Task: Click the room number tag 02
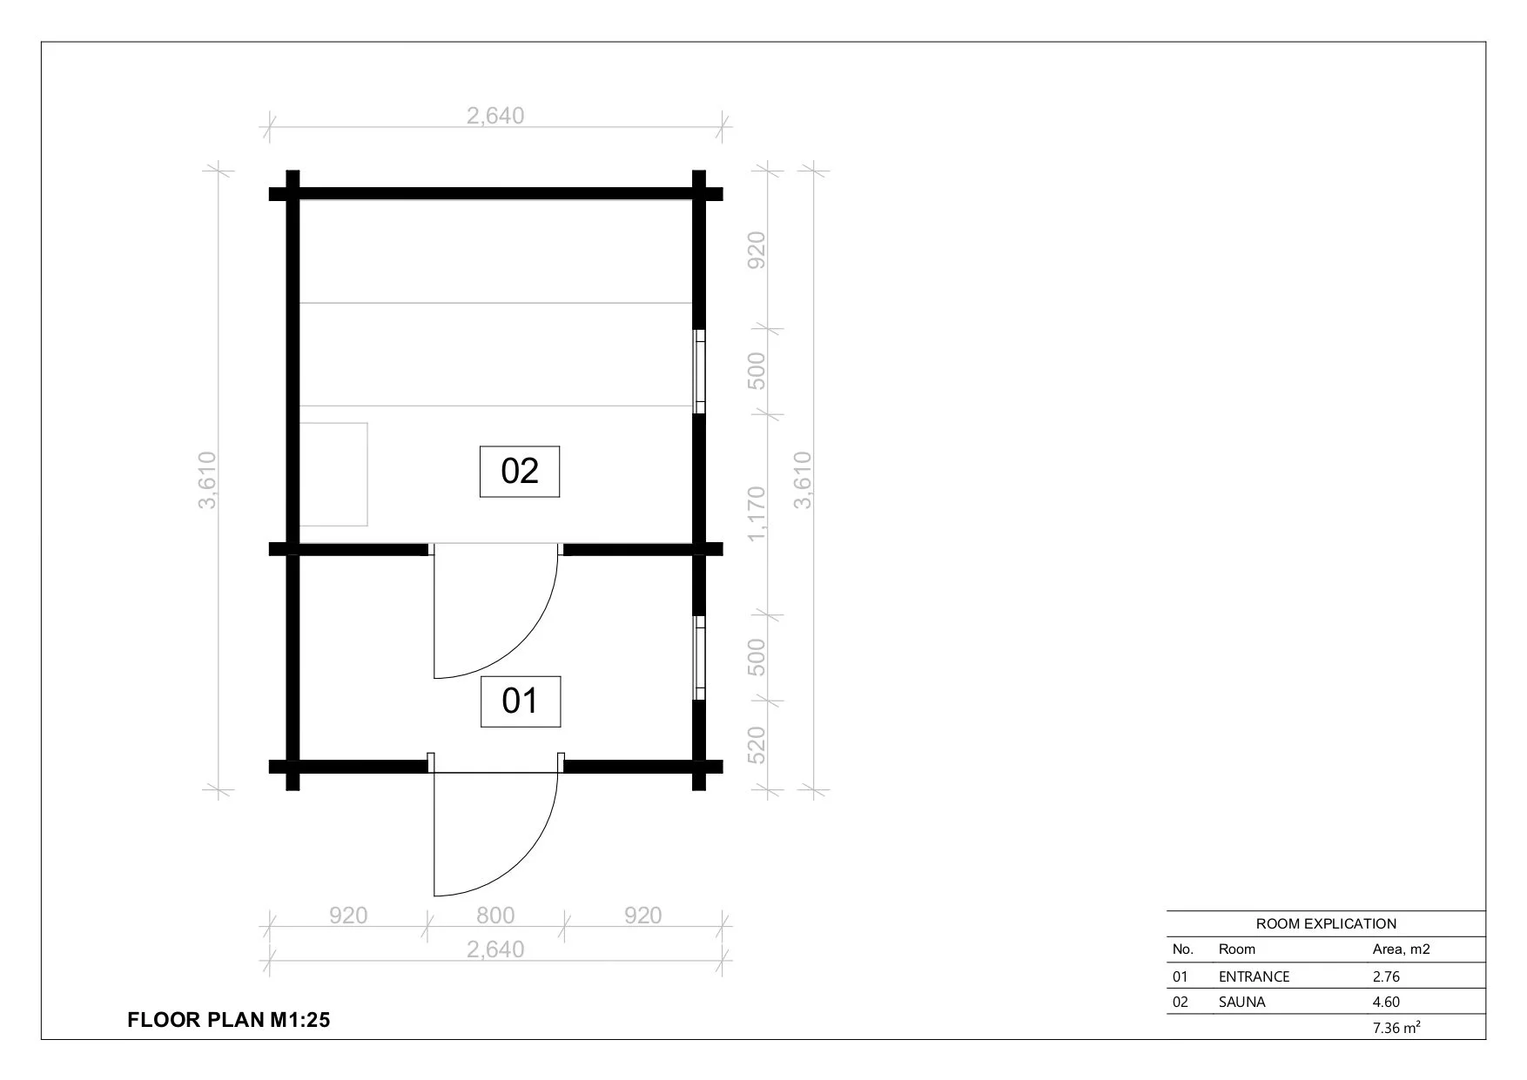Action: tap(520, 471)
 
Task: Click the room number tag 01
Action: tap(521, 701)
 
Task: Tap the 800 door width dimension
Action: tap(495, 916)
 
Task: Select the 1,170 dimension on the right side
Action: tap(757, 513)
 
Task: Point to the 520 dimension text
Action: tap(757, 746)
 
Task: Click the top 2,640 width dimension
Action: tap(495, 116)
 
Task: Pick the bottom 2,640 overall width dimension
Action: tap(495, 949)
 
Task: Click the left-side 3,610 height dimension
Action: tap(207, 480)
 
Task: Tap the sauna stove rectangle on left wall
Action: tap(333, 474)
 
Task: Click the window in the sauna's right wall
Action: tap(698, 372)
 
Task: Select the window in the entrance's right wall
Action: tap(698, 658)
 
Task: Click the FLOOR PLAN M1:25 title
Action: tap(229, 1020)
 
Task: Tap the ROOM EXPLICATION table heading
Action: tap(1326, 923)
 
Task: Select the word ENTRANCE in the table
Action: tap(1254, 976)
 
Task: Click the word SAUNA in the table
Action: tap(1241, 1002)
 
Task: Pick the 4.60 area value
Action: tap(1386, 1002)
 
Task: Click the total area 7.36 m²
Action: tap(1396, 1028)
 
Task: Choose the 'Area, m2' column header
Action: tap(1401, 949)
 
